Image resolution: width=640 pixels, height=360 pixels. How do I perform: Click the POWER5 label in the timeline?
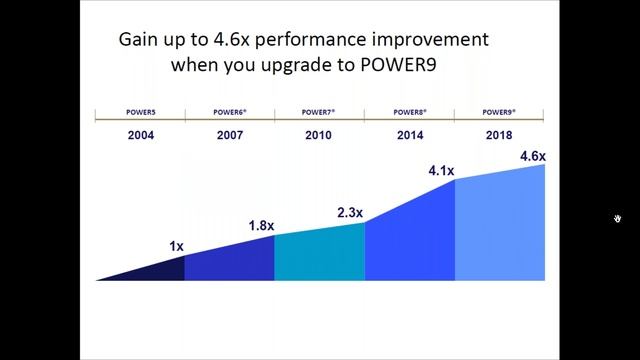(140, 113)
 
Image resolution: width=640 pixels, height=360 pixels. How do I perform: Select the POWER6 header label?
(230, 113)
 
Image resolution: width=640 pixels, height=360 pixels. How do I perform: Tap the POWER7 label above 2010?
(320, 113)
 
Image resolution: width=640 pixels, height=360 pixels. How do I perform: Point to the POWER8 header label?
(410, 113)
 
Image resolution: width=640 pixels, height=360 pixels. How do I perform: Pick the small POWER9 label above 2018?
(499, 113)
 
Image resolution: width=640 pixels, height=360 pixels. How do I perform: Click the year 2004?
(140, 134)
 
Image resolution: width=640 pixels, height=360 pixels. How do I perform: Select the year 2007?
(230, 134)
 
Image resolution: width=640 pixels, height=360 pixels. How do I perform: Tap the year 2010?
(320, 134)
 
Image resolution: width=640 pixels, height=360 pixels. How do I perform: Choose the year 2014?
(410, 134)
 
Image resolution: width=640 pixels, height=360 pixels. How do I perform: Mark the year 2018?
(499, 134)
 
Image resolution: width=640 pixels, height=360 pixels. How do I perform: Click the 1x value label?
(176, 246)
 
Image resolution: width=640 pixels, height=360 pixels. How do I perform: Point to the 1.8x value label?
(261, 226)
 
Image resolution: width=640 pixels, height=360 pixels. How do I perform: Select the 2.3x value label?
(350, 213)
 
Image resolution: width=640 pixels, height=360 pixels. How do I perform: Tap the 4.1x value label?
(441, 171)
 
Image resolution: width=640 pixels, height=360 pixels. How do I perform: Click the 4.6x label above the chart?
(532, 156)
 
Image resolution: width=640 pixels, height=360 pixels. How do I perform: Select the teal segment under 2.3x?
(319, 255)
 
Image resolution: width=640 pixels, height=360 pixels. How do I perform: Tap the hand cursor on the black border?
(618, 218)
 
